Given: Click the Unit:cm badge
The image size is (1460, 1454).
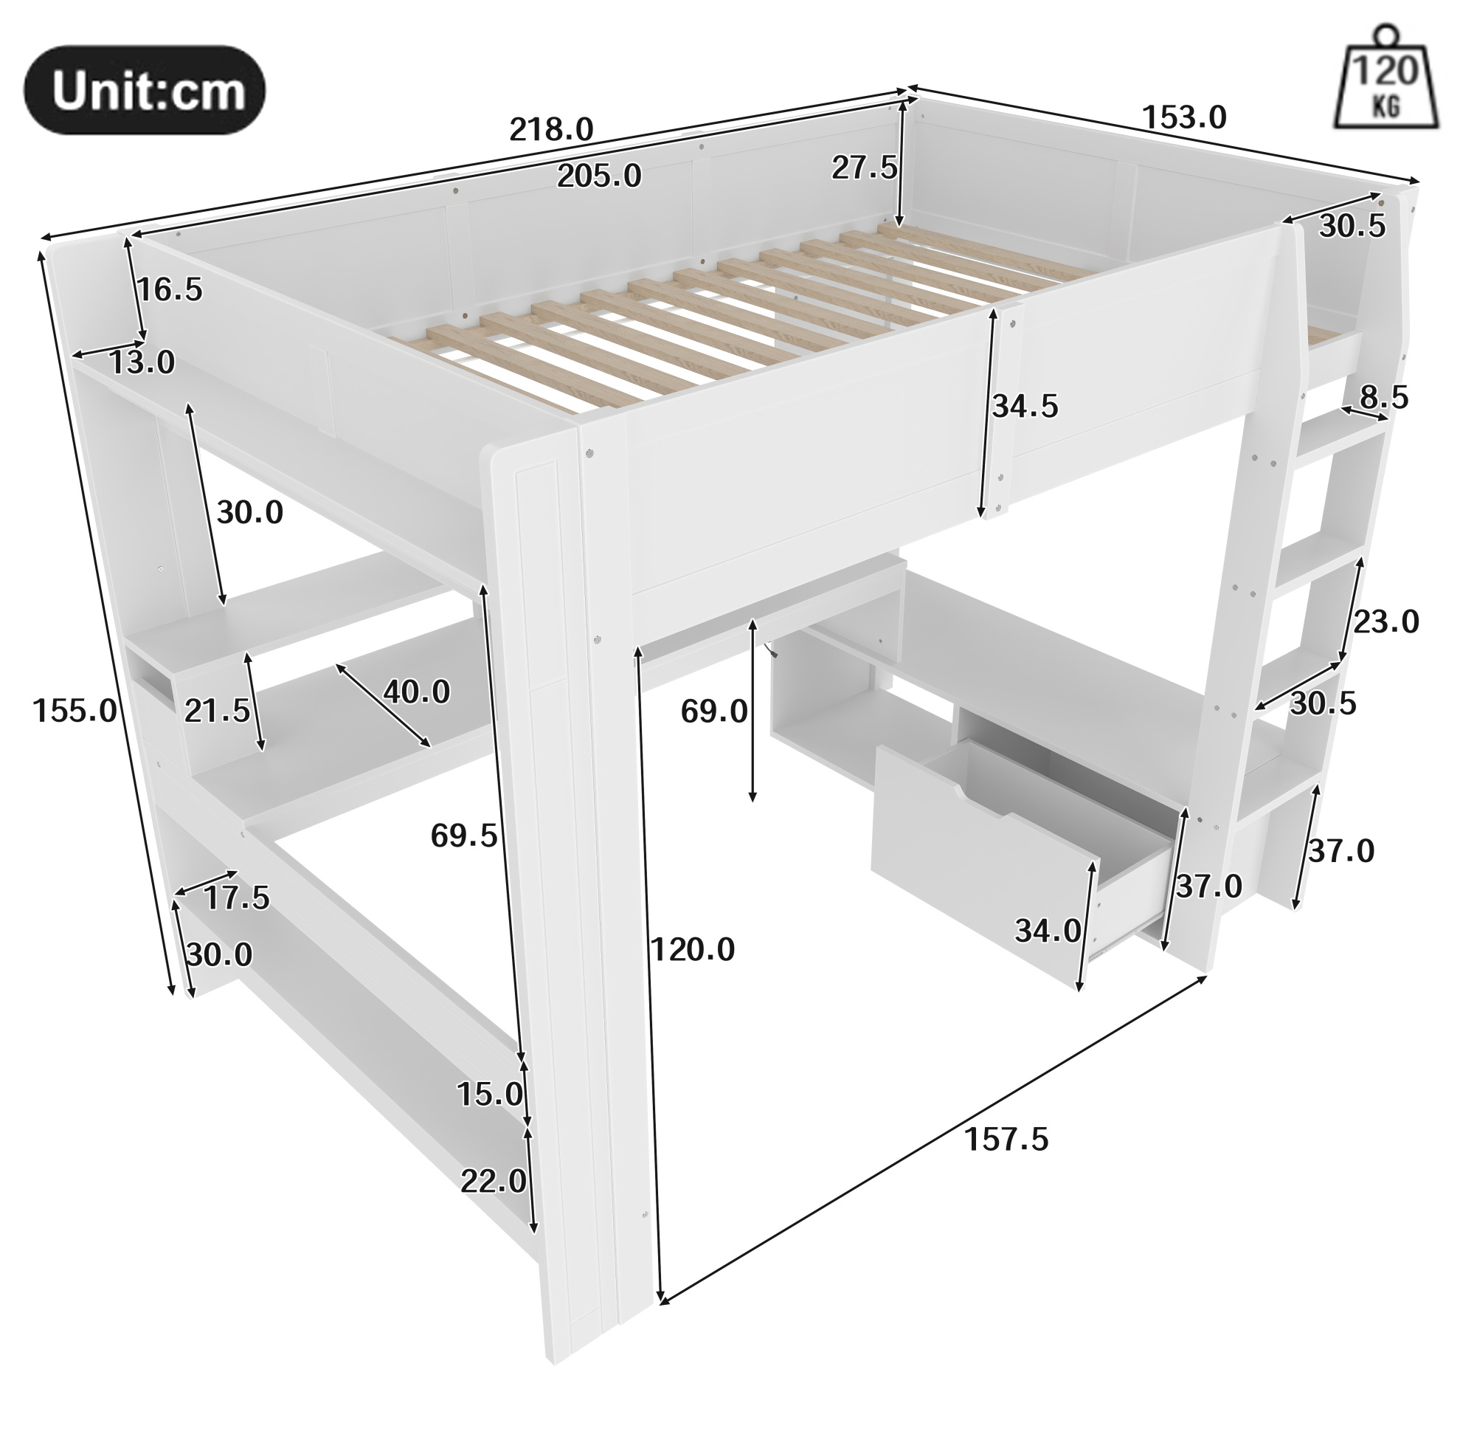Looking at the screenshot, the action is click(145, 91).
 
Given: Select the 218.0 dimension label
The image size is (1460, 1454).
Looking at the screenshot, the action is click(552, 129).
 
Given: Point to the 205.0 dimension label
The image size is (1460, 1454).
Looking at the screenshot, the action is click(599, 176).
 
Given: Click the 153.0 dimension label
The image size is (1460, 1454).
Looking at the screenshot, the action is click(1184, 117).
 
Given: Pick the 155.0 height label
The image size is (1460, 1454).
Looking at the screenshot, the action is click(75, 711).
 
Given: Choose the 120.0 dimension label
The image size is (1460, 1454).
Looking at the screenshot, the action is click(693, 950).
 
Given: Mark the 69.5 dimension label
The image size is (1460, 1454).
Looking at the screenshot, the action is click(464, 835).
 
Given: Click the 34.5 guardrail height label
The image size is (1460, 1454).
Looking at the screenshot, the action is click(1025, 407).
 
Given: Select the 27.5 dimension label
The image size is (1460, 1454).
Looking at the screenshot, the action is click(865, 167).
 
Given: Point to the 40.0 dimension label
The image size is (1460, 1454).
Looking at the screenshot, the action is click(416, 691).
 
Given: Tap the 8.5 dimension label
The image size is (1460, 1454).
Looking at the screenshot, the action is click(1385, 397).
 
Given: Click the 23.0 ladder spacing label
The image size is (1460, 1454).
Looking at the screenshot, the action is click(1386, 622).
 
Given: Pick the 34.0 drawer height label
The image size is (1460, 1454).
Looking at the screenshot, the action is click(1048, 930).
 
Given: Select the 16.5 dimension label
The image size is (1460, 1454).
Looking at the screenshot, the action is click(170, 289).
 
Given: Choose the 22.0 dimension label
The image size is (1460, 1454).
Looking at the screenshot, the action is click(494, 1180).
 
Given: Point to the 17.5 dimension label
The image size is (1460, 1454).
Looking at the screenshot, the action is click(237, 898).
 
